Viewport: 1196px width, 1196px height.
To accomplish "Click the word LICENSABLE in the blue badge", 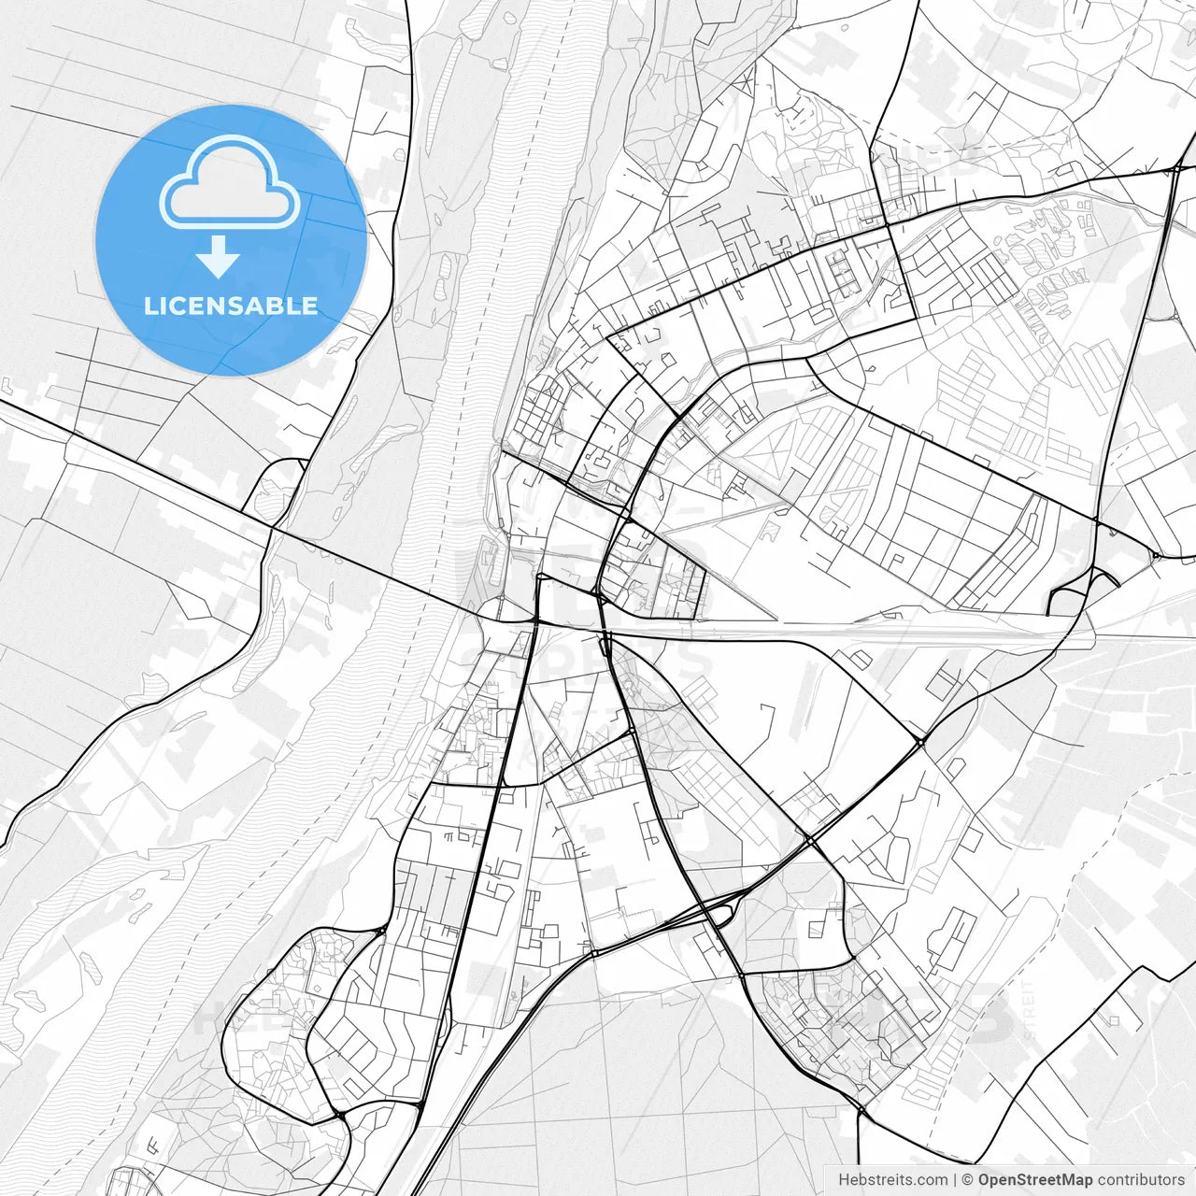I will (231, 306).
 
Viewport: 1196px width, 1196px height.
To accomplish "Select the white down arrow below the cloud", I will (218, 258).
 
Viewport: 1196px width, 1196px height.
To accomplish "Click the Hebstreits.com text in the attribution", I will (892, 1180).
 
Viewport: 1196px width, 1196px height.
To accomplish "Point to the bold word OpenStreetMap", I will (1035, 1180).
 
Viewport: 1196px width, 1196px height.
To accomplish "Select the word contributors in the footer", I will (1141, 1180).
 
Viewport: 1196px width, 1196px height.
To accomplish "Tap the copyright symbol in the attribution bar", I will (968, 1180).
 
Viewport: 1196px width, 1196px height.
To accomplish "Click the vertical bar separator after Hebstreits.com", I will (955, 1180).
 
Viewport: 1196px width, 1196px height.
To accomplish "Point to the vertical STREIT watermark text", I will (1030, 1009).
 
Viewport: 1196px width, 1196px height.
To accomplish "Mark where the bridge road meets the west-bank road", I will (273, 528).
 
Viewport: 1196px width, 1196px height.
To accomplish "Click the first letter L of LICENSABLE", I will (149, 306).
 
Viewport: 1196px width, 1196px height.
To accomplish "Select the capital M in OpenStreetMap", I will (1069, 1180).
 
